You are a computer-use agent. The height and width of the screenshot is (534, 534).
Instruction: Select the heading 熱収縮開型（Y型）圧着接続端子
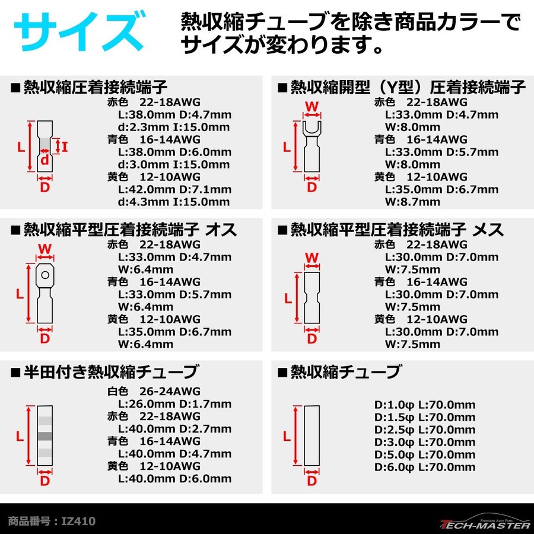click(x=408, y=88)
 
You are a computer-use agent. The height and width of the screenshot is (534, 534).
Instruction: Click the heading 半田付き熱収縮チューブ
click(x=110, y=372)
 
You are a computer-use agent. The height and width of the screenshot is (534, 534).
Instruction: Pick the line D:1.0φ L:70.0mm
click(x=425, y=405)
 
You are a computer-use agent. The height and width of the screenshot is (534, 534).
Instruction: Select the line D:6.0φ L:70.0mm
click(x=425, y=467)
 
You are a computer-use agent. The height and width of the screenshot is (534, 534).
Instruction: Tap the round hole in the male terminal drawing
click(x=44, y=275)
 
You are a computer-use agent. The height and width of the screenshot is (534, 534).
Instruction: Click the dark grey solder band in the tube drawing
click(x=44, y=436)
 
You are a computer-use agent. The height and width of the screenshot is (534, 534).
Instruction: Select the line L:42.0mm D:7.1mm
click(x=175, y=189)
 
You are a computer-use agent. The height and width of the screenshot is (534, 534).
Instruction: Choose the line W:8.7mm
click(x=412, y=202)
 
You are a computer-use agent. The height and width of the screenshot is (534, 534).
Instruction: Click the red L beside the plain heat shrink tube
click(x=287, y=436)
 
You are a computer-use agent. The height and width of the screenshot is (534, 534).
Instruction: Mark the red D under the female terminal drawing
click(x=311, y=339)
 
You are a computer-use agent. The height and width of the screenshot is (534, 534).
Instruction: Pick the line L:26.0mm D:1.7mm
click(x=175, y=403)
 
